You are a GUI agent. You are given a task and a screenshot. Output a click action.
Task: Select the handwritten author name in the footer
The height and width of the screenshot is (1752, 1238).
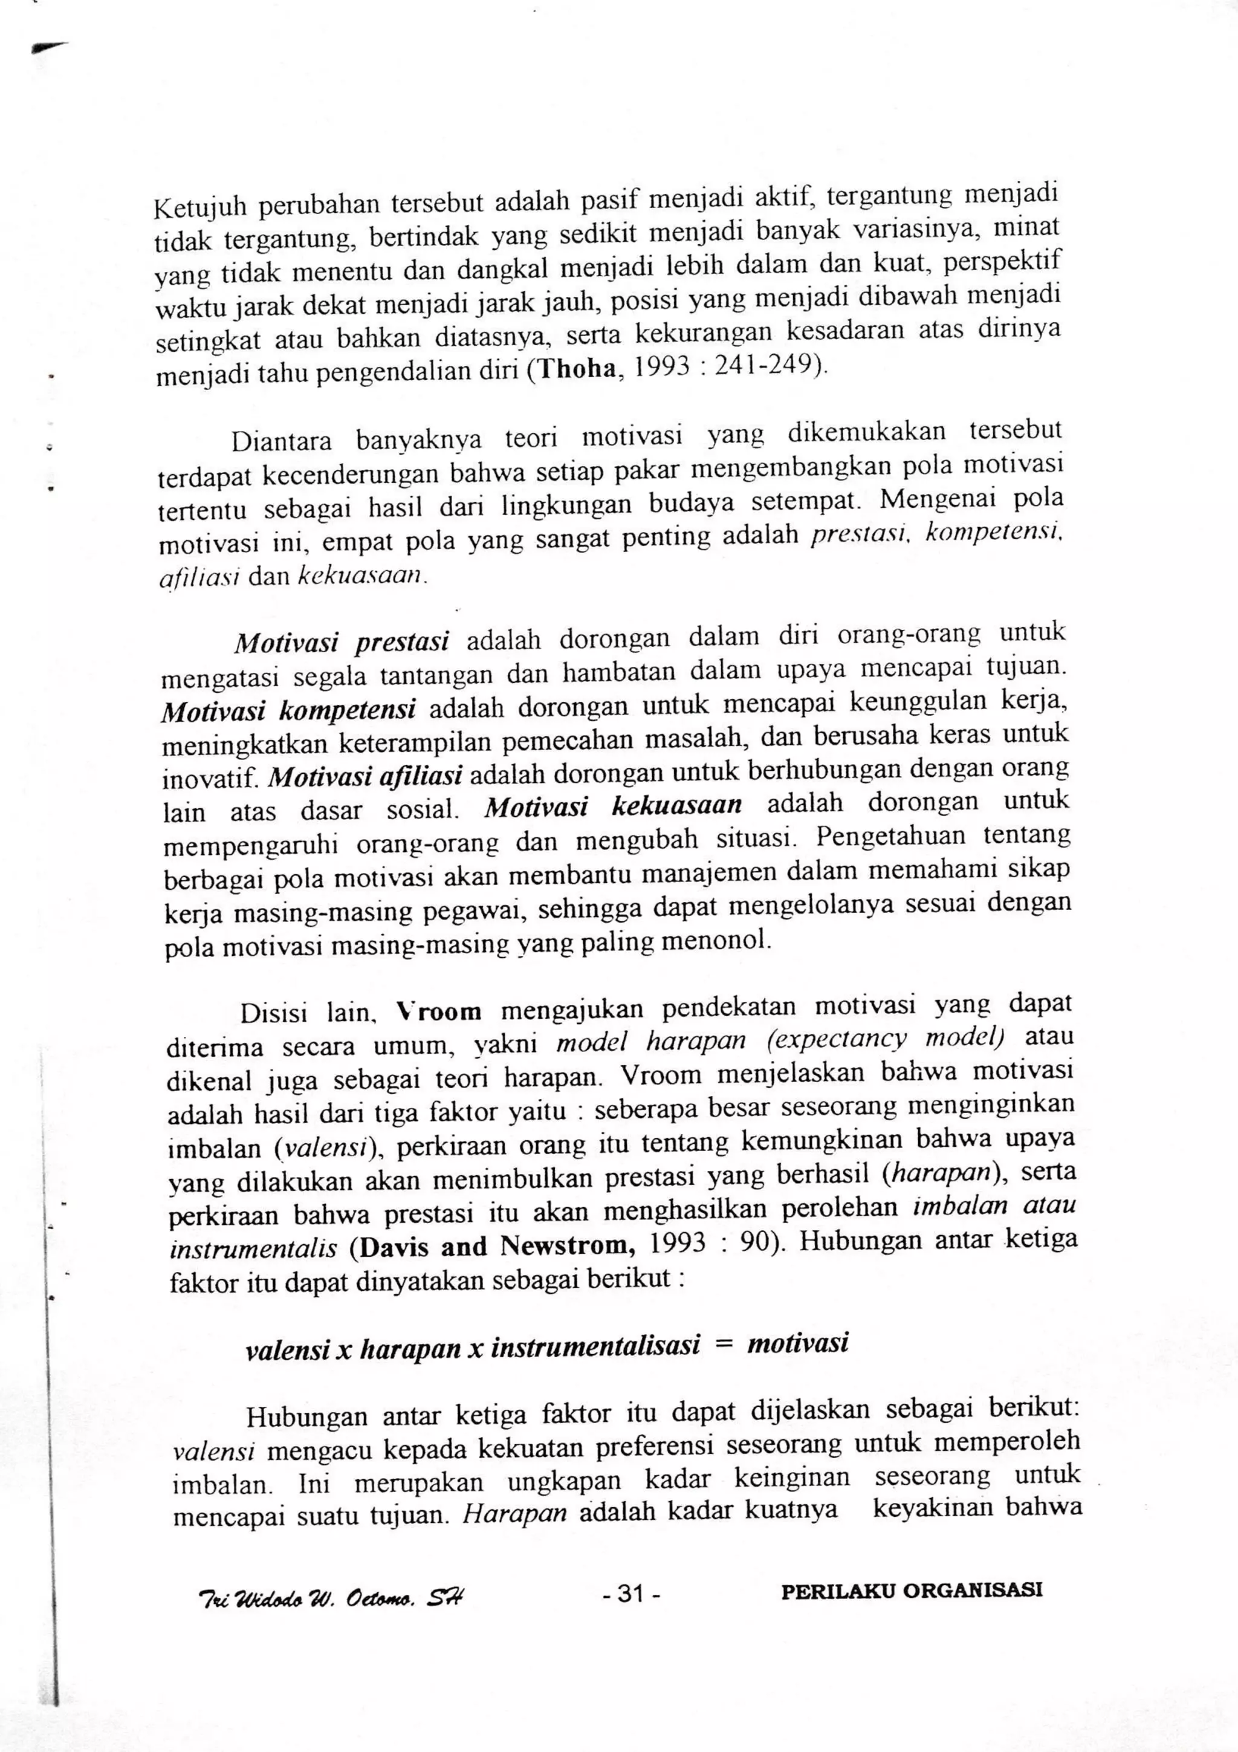tap(330, 1598)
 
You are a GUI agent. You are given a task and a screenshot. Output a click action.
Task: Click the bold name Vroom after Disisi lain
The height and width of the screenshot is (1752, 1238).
tap(439, 1012)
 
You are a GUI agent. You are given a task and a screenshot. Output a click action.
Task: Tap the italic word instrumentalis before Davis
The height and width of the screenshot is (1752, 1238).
tap(253, 1249)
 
